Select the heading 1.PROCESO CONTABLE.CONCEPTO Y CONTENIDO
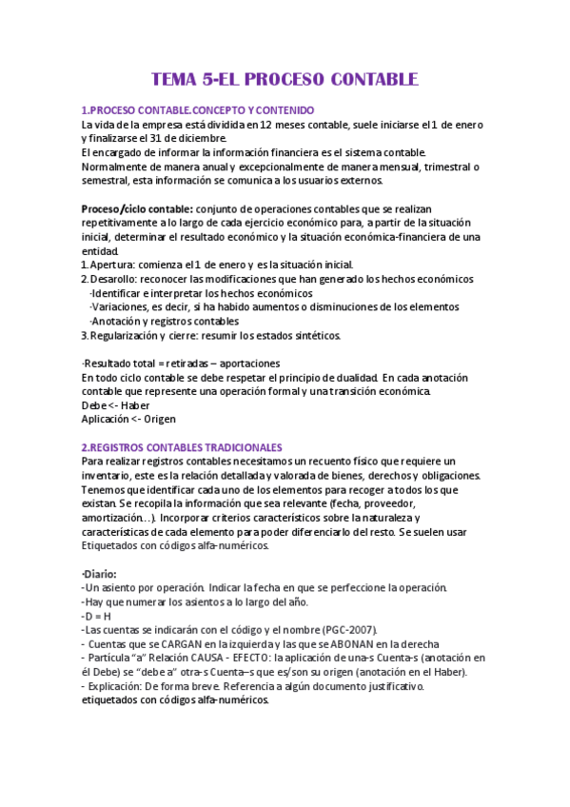coord(198,111)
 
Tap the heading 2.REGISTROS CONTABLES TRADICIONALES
coord(181,446)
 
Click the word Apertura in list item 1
coord(115,265)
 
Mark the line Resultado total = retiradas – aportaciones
coord(181,363)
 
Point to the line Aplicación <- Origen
coord(128,419)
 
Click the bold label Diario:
coord(100,574)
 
